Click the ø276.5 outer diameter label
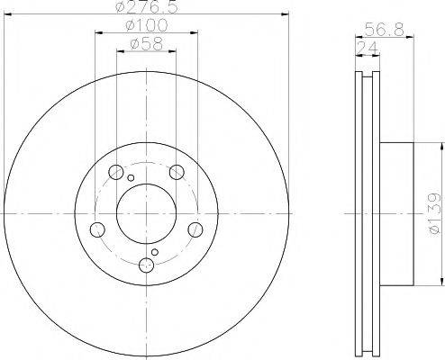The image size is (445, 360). pyautogui.click(x=146, y=6)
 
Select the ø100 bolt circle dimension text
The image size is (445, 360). pyautogui.click(x=146, y=25)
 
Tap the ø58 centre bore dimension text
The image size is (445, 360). pyautogui.click(x=146, y=44)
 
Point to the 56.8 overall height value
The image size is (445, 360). pyautogui.click(x=385, y=30)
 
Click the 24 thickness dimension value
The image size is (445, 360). pyautogui.click(x=367, y=48)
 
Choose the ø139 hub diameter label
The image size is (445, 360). pyautogui.click(x=434, y=213)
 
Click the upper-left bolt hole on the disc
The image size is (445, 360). pyautogui.click(x=115, y=172)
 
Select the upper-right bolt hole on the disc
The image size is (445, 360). pyautogui.click(x=177, y=172)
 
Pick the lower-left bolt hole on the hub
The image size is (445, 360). pyautogui.click(x=97, y=229)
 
